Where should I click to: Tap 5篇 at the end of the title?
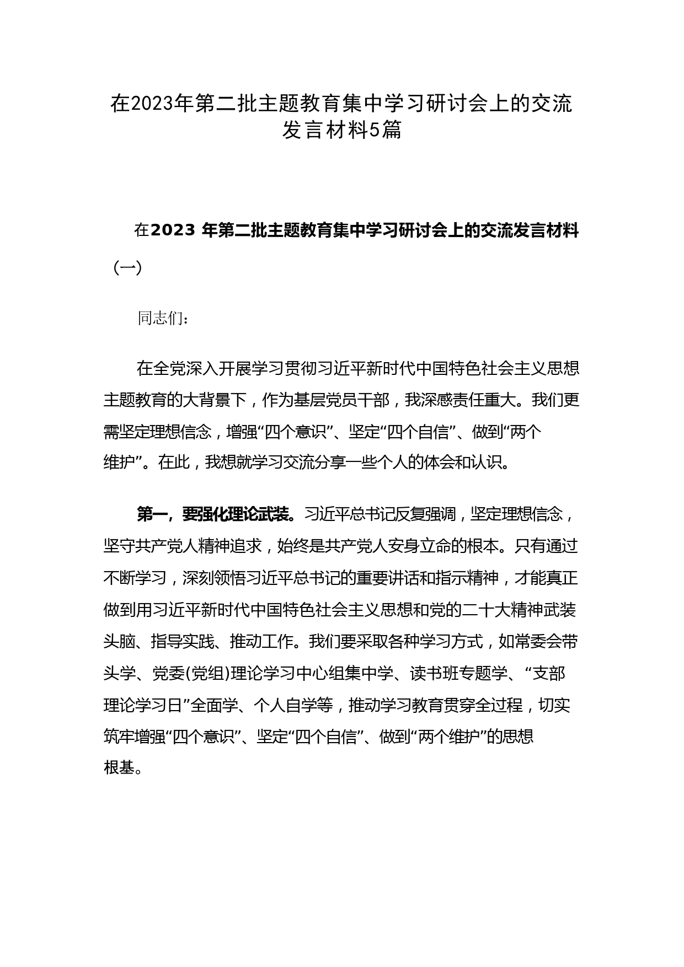tap(384, 131)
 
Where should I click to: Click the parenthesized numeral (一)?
tap(128, 268)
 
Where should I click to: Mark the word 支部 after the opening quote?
tap(549, 673)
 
